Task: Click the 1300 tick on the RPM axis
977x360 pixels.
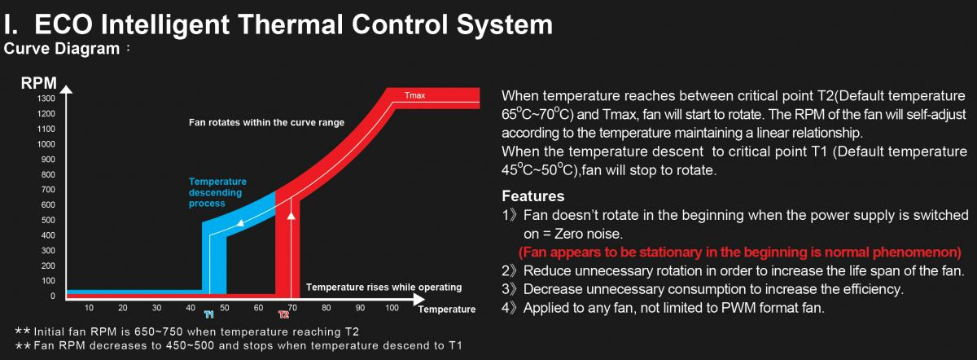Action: [x=46, y=99]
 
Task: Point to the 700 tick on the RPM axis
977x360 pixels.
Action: [x=48, y=190]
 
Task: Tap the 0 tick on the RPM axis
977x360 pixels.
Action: [x=53, y=296]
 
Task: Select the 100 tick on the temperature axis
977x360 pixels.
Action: [x=392, y=308]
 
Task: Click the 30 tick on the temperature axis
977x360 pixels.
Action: [x=156, y=308]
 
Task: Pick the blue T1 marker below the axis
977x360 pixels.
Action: [x=209, y=314]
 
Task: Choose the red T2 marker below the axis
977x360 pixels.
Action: [x=284, y=314]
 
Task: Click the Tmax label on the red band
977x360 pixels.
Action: [x=414, y=95]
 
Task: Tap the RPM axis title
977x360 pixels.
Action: [x=39, y=83]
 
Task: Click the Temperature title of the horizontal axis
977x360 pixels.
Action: [x=447, y=310]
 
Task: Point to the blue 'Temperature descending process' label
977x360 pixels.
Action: [x=217, y=192]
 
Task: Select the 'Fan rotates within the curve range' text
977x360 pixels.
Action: [x=266, y=123]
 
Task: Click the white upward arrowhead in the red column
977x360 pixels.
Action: [x=291, y=215]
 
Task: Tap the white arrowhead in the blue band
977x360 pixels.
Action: [x=240, y=223]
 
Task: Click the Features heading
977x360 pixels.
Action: [x=533, y=196]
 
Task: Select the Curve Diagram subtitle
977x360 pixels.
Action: [x=62, y=48]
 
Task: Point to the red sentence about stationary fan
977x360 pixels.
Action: [x=740, y=252]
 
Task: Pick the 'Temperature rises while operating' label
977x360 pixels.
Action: [x=383, y=288]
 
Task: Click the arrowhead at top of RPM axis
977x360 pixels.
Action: [x=66, y=90]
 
